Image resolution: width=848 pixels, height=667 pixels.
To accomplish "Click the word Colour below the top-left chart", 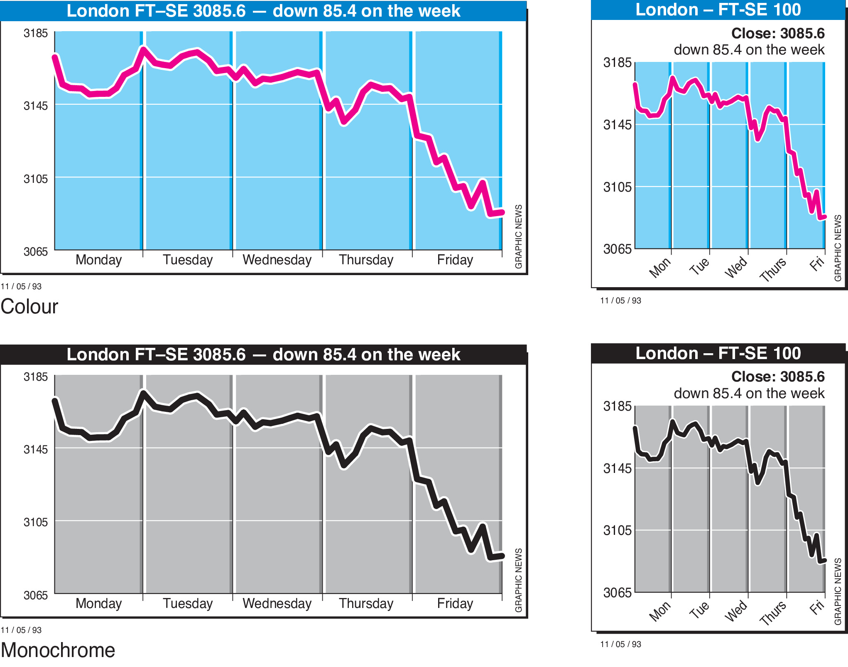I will click(x=29, y=307).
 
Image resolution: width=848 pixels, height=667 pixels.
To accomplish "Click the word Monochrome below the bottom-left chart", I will click(x=58, y=650).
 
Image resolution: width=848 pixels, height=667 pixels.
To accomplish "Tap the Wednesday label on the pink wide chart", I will click(x=277, y=260).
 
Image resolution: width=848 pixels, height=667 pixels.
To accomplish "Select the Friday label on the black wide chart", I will click(x=455, y=603).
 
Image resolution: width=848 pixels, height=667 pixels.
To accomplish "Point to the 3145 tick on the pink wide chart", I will click(x=36, y=106).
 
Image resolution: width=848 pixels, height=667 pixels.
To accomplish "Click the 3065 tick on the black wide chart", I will click(x=36, y=595).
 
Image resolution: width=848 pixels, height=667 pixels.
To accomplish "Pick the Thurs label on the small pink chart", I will click(x=773, y=269).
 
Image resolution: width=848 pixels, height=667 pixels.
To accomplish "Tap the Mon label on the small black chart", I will click(x=660, y=611).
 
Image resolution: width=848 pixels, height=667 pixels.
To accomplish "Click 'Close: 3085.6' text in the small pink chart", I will click(x=777, y=33).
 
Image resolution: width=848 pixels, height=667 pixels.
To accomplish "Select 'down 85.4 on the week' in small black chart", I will click(x=749, y=393).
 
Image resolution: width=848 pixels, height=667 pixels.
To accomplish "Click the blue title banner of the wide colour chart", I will click(x=263, y=11).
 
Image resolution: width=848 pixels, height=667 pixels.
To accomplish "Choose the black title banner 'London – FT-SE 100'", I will click(x=718, y=353).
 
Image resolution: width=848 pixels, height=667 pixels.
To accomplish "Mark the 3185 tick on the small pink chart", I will click(x=617, y=62).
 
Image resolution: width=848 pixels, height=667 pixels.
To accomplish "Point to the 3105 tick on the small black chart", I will click(x=617, y=530).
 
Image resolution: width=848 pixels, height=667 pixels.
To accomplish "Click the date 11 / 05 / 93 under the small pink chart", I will click(x=620, y=300).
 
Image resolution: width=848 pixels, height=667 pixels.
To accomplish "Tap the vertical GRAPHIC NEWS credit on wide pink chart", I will click(x=518, y=236).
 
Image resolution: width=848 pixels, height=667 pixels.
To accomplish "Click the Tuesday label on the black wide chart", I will click(x=188, y=603).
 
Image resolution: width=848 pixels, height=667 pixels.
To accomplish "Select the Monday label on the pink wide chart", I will click(x=98, y=260).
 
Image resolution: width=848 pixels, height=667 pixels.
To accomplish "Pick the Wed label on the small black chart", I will click(x=736, y=610).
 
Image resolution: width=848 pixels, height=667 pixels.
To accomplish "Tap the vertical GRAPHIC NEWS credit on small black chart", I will click(x=838, y=591).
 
